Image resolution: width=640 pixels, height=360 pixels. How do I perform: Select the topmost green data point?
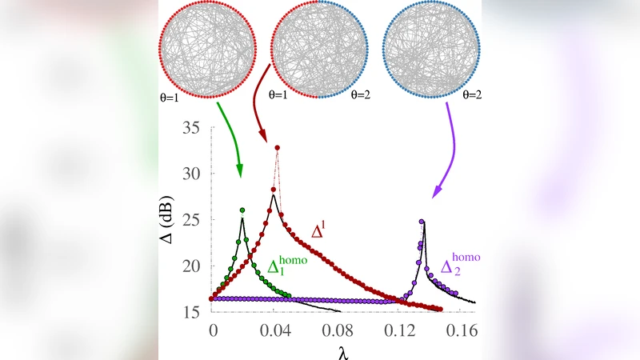tap(242, 210)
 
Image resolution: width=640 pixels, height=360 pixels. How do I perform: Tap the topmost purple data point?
tap(422, 222)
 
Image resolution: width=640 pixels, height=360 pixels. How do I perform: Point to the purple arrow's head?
tap(435, 195)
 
